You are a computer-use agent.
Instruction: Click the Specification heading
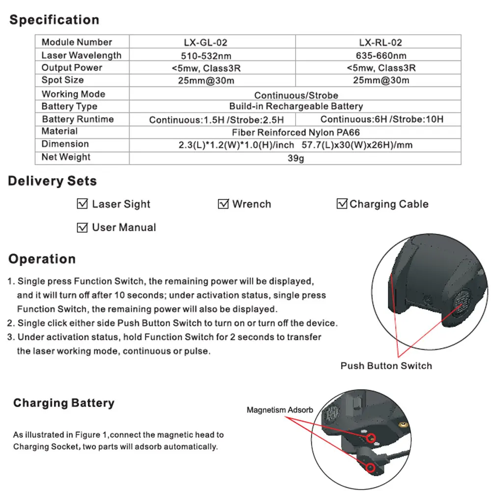pos(54,20)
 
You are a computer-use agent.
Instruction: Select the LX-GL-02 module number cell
pos(212,43)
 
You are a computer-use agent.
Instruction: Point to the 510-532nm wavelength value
pos(212,55)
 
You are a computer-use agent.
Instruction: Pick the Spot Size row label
pos(62,80)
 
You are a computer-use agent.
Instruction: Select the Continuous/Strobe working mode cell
pos(296,95)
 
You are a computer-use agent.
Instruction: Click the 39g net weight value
pos(296,158)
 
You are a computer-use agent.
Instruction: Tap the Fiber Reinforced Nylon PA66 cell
pos(296,132)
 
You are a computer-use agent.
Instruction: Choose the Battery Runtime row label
pos(78,119)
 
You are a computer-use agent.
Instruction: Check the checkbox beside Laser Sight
pos(82,204)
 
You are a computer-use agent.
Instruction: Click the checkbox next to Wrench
pos(223,204)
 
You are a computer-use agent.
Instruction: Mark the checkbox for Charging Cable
pos(342,204)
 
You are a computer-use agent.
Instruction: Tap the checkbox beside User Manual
pos(82,227)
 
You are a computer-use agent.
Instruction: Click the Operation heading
pos(42,259)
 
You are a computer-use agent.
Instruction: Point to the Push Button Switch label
pos(386,366)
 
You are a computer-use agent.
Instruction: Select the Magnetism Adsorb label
pos(279,410)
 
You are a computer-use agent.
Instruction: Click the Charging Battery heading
pos(64,403)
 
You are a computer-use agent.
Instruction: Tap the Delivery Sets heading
pos(52,181)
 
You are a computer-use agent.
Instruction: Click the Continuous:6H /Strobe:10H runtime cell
pos(382,119)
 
